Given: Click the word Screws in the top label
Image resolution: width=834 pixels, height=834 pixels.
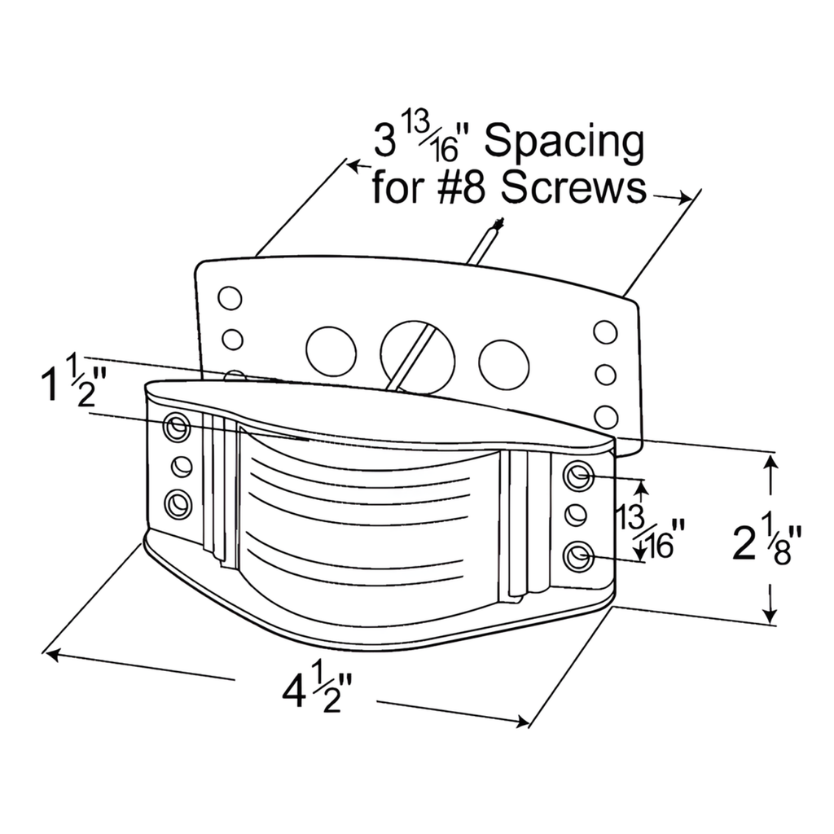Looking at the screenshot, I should pos(574,189).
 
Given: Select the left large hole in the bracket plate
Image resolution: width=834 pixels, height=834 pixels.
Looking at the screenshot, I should pos(331,351).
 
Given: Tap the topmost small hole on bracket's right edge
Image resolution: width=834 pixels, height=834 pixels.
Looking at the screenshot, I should pos(605,332).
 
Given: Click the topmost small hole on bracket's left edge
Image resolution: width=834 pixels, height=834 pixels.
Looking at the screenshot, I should pos(230,299).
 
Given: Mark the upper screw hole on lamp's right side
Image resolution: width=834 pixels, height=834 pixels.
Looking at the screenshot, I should pos(577,476).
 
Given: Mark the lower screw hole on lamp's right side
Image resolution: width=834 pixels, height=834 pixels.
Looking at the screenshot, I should pos(577,558).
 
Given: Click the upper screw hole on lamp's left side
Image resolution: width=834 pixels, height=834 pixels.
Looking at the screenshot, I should pos(177,426).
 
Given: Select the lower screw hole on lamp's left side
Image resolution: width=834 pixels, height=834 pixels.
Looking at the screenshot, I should pos(177,505).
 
